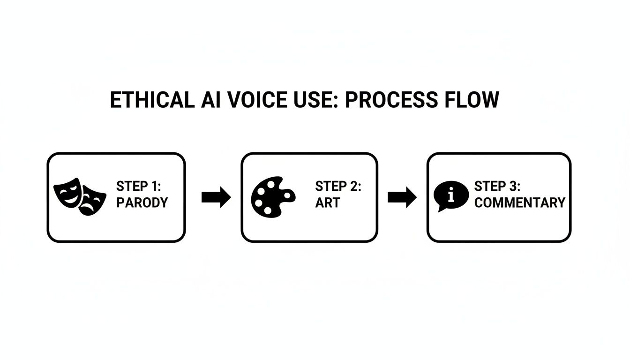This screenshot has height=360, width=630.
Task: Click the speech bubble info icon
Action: tap(450, 196)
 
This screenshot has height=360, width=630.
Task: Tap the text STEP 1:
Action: tap(138, 186)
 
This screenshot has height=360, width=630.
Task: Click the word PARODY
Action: tap(142, 203)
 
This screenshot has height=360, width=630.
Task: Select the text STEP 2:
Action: tap(338, 186)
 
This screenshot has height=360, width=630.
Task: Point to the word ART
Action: tap(327, 203)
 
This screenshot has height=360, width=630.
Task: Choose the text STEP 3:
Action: tap(497, 186)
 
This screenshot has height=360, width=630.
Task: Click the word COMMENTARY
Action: tap(519, 203)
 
